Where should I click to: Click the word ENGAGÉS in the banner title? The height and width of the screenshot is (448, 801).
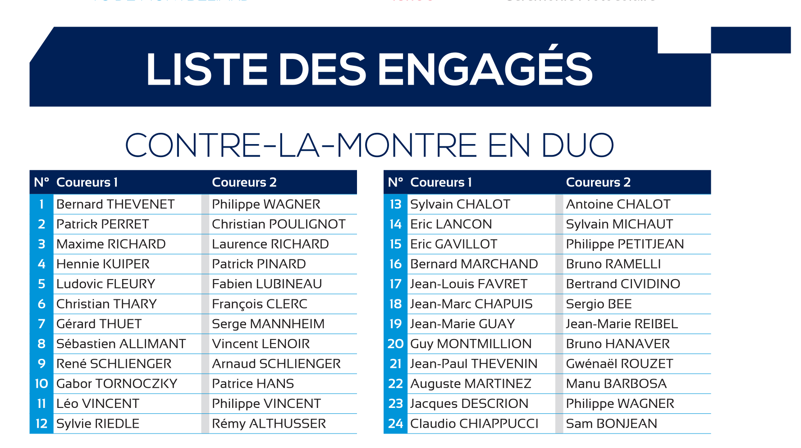pyautogui.click(x=485, y=69)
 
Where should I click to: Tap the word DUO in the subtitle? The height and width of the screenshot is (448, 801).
pyautogui.click(x=577, y=145)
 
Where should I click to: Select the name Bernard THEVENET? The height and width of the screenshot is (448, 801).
pyautogui.click(x=115, y=204)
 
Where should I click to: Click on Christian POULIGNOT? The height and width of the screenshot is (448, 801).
pyautogui.click(x=279, y=224)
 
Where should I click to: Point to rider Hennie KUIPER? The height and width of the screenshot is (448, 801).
pyautogui.click(x=103, y=264)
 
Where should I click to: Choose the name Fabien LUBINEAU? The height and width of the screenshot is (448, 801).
pyautogui.click(x=267, y=284)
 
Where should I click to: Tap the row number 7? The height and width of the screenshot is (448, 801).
pyautogui.click(x=41, y=324)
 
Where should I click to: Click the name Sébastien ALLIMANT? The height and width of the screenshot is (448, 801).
pyautogui.click(x=121, y=344)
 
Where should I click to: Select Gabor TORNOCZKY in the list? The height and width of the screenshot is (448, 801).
pyautogui.click(x=117, y=384)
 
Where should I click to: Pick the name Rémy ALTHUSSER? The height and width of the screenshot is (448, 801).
pyautogui.click(x=269, y=424)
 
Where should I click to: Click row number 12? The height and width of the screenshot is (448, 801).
pyautogui.click(x=41, y=424)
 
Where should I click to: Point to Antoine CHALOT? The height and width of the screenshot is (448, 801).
pyautogui.click(x=618, y=204)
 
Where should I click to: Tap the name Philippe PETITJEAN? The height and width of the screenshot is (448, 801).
pyautogui.click(x=625, y=244)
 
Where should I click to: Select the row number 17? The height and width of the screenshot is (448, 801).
pyautogui.click(x=395, y=284)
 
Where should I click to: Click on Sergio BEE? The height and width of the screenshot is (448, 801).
pyautogui.click(x=599, y=304)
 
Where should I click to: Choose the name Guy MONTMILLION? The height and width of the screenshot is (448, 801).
pyautogui.click(x=471, y=344)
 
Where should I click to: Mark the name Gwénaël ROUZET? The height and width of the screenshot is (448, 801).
pyautogui.click(x=619, y=364)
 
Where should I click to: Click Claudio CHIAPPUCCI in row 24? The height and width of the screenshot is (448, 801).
pyautogui.click(x=474, y=424)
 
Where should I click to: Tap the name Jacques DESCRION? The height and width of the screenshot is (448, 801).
pyautogui.click(x=469, y=404)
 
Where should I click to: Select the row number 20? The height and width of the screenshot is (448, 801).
pyautogui.click(x=395, y=344)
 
